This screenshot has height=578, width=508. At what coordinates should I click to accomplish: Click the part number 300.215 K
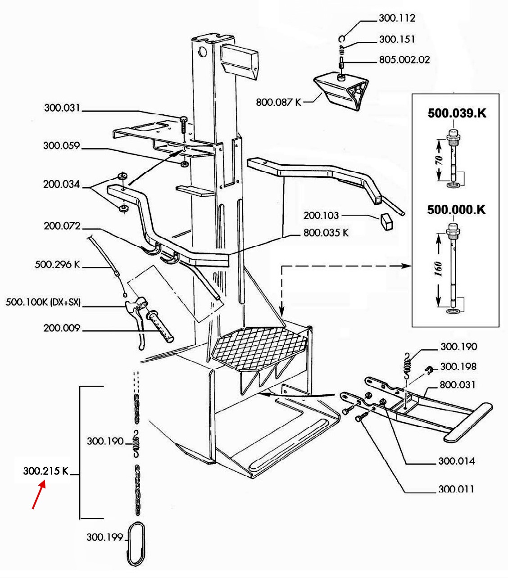coord(45,471)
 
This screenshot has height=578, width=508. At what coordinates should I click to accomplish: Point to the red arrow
coord(39,496)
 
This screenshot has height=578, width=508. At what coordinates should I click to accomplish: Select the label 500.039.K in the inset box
coord(457,113)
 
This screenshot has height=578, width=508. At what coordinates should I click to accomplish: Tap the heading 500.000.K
coord(456,209)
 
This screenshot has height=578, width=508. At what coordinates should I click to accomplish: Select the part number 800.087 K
coord(278,102)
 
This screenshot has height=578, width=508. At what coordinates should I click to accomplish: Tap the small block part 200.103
coord(386,221)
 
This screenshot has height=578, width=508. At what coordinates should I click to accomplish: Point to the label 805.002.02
coord(404,59)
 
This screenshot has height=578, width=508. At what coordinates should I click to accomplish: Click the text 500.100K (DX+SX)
coord(43,302)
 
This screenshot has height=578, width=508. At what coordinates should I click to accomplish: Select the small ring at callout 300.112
coord(342,38)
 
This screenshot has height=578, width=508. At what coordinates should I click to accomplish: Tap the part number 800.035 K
coord(326,233)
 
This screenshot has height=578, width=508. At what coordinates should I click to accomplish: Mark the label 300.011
coord(456,489)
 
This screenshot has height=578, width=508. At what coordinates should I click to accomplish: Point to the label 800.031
coord(457,384)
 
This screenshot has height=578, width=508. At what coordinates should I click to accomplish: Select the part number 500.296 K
coord(57,264)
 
